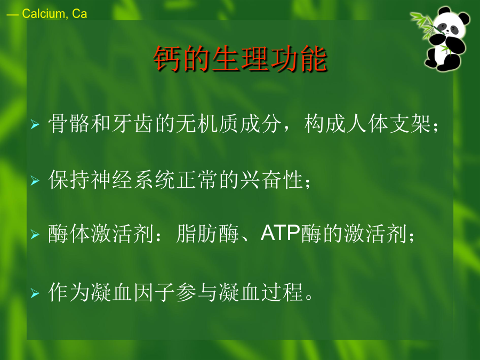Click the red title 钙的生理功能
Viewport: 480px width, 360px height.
click(x=241, y=59)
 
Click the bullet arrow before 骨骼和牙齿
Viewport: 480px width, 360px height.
click(x=35, y=124)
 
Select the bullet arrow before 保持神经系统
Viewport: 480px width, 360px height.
click(x=35, y=181)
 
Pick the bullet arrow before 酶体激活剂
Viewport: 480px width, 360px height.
click(x=35, y=235)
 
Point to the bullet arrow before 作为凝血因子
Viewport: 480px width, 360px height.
click(x=35, y=293)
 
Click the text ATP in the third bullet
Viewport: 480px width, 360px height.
click(x=281, y=233)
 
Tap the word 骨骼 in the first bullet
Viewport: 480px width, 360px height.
click(x=69, y=124)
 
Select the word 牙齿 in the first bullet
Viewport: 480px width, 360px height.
click(x=133, y=124)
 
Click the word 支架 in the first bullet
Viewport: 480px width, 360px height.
click(x=410, y=124)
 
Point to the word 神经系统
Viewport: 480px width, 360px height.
click(x=133, y=180)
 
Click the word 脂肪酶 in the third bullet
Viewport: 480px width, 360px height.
click(x=207, y=234)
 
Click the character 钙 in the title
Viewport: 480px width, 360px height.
click(x=167, y=59)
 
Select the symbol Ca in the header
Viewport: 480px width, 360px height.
click(x=79, y=14)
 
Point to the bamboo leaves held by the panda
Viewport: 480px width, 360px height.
click(x=423, y=25)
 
